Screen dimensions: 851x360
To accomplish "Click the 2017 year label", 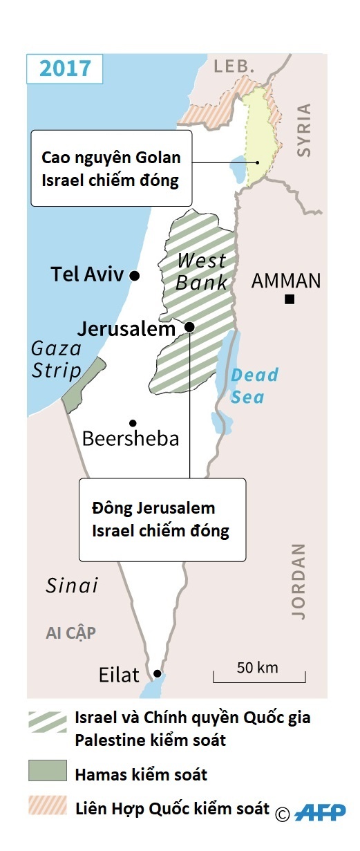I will (65, 68).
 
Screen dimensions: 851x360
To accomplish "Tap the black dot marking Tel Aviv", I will (135, 275).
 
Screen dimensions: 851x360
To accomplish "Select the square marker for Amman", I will (290, 299).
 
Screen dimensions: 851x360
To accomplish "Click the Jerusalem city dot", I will (189, 326).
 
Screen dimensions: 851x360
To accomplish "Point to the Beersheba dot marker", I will (132, 423).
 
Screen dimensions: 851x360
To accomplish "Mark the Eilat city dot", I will (158, 673).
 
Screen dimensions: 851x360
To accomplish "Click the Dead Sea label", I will (253, 386).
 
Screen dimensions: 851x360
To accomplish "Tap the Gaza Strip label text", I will (56, 359).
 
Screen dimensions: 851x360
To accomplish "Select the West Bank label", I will (201, 272).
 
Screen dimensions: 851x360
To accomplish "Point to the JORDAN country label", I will (298, 581).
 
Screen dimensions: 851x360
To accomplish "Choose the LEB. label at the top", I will (234, 66).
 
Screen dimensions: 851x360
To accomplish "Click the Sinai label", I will (72, 586).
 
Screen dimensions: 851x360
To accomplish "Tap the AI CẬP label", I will (70, 633).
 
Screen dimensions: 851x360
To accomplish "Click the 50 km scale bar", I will (258, 676).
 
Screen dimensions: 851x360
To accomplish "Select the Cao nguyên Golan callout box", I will (111, 167).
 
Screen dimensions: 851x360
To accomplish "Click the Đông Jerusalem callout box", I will (162, 518).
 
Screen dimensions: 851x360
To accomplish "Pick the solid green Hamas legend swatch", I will (48, 770).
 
